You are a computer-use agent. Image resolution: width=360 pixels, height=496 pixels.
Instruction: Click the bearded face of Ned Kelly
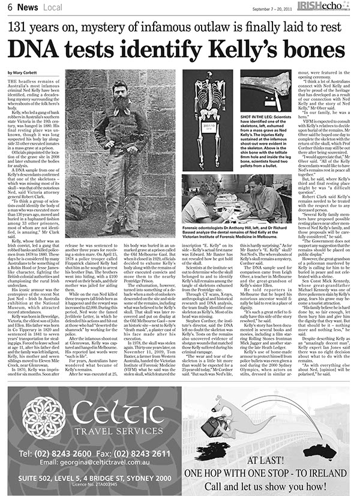124,96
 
